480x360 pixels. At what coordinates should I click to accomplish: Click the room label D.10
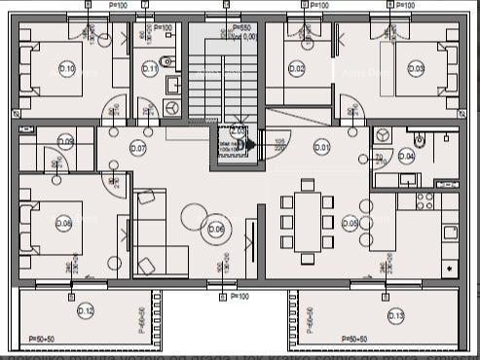pos(66,69)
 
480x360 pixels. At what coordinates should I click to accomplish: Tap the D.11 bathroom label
pos(150,68)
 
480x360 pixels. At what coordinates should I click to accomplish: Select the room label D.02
pos(297,68)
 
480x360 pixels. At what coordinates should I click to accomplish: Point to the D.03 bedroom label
pos(416,68)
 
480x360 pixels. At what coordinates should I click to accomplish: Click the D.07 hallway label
pos(137,148)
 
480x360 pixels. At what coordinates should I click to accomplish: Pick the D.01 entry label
pos(321,147)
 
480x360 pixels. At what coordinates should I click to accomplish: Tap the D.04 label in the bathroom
pos(406,156)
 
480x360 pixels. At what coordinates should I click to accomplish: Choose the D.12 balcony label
pos(86,310)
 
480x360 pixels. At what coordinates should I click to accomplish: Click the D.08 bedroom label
pos(64,225)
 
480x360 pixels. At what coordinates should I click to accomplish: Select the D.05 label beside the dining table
pos(351,223)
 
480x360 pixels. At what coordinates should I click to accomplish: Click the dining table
pos(308,223)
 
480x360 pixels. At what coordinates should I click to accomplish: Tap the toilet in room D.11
pos(166,61)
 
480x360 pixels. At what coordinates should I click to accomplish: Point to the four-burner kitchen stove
pos(425,200)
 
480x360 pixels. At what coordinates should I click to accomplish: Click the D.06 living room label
pos(215,230)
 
